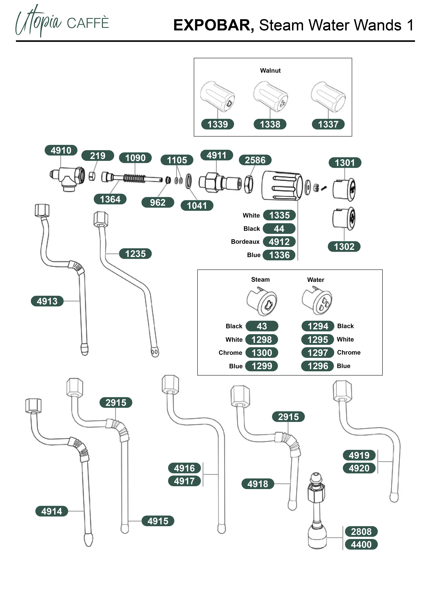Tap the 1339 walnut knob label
tap(217, 124)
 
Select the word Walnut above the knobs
tap(270, 70)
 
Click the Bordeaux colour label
tap(245, 242)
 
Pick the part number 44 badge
tap(279, 229)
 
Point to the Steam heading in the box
tap(260, 280)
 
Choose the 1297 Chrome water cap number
tap(318, 353)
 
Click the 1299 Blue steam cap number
tap(262, 366)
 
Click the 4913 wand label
tap(47, 301)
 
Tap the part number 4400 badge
tap(361, 544)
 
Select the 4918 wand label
tap(258, 484)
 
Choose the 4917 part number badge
tap(184, 481)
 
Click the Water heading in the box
tap(316, 280)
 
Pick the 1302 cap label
tap(344, 247)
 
